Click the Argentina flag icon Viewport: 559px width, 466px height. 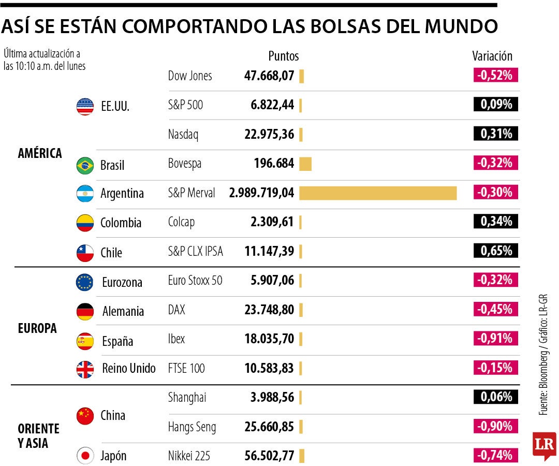[85, 194]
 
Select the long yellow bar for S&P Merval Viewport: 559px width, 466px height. [378, 193]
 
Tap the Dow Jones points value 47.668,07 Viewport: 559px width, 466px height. [269, 76]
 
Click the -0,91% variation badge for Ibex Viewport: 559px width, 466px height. [496, 339]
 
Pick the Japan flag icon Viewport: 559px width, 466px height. [85, 456]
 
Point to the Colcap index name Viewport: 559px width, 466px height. [181, 223]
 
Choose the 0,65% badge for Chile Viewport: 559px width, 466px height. [496, 251]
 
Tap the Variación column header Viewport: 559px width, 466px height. [492, 56]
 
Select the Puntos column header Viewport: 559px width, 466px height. [283, 56]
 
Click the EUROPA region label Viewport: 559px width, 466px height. [37, 328]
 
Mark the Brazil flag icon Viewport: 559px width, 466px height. [85, 165]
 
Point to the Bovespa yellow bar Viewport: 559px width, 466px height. [305, 164]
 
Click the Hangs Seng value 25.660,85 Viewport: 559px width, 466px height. [269, 427]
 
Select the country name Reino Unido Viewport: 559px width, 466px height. [129, 369]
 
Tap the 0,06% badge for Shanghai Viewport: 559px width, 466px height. [496, 397]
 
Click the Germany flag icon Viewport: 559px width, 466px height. [85, 311]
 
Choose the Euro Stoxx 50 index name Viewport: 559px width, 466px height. [195, 281]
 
